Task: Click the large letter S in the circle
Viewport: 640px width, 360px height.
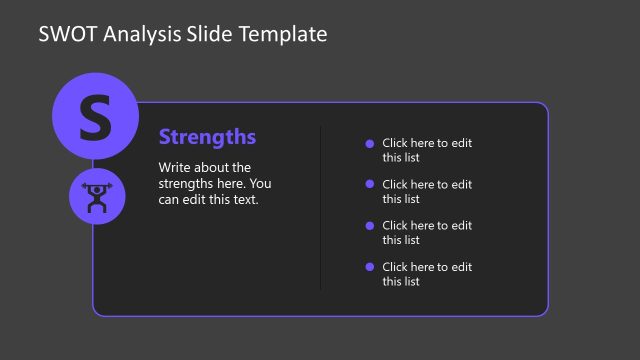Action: (94, 117)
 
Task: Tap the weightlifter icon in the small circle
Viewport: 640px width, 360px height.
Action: (97, 197)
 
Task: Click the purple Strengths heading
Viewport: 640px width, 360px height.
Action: (207, 137)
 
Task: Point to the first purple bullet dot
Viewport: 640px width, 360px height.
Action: (370, 143)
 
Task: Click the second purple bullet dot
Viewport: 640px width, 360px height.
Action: (370, 184)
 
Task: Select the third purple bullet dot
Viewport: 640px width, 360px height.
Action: (370, 226)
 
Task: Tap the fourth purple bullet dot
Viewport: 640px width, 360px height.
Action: (370, 267)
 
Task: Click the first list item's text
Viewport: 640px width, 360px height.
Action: (426, 150)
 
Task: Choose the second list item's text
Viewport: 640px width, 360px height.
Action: (426, 191)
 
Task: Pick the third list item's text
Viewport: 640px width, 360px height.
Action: (426, 233)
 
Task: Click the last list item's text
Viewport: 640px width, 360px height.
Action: (426, 274)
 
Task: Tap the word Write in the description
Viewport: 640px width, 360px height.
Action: (176, 168)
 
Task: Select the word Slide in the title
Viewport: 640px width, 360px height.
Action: (210, 34)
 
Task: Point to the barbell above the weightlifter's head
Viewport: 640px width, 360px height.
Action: (97, 187)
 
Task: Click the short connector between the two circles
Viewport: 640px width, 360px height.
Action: (94, 164)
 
